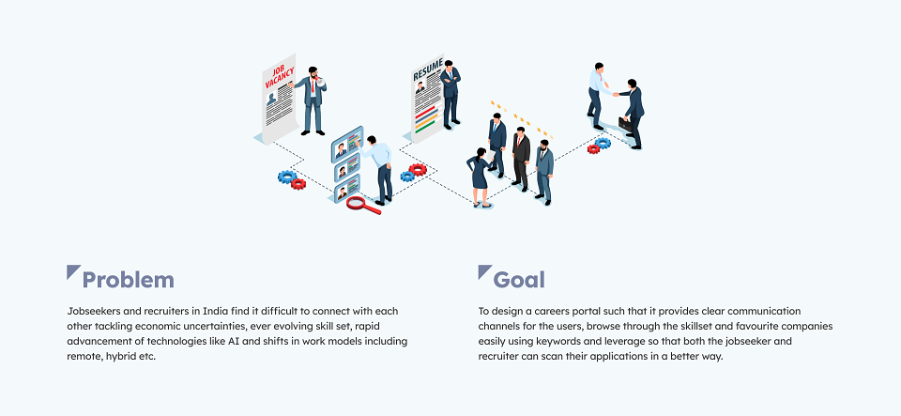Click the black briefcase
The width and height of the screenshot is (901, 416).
625,124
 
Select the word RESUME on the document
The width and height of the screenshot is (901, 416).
428,69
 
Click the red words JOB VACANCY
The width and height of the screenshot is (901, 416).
280,77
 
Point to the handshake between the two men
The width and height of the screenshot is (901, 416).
616,93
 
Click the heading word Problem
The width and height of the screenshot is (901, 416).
129,280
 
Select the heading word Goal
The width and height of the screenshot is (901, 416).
519,280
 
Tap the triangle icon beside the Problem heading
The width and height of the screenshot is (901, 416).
71,270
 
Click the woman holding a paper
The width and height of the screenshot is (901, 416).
480,177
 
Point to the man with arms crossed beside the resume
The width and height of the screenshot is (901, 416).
450,94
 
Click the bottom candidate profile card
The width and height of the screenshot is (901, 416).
347,189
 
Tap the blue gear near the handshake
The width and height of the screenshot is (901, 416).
603,143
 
